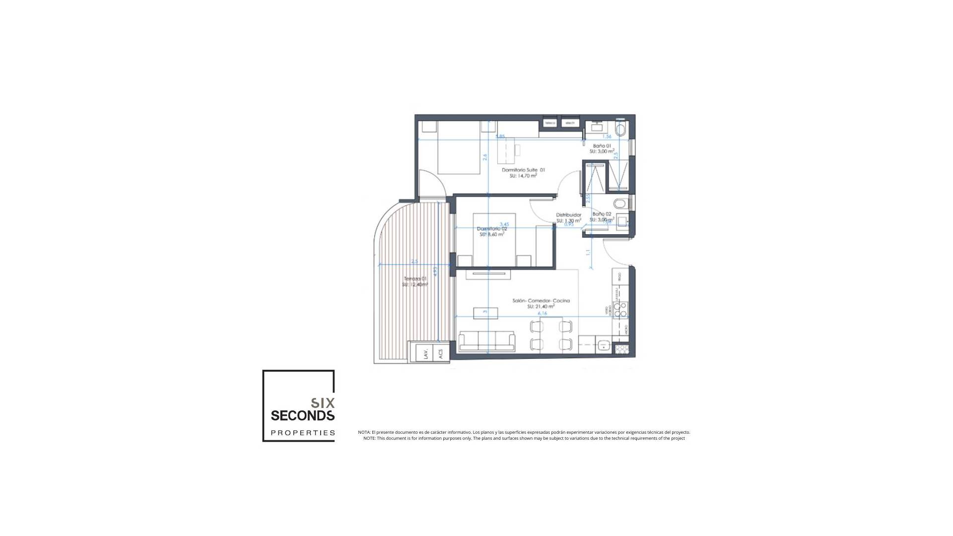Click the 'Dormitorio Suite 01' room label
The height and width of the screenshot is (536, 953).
[523, 170]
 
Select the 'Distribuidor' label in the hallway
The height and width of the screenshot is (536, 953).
[568, 215]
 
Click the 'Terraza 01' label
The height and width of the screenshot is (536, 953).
[415, 279]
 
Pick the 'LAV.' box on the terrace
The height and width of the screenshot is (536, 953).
[426, 354]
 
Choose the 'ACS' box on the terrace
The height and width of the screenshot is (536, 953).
[440, 354]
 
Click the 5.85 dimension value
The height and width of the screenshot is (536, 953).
[500, 136]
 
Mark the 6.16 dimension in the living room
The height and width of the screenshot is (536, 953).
[542, 313]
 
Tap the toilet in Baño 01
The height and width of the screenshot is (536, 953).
[620, 131]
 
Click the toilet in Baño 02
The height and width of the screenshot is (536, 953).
[619, 204]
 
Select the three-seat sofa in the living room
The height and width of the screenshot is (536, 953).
[486, 341]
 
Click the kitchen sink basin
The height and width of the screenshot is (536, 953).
[604, 345]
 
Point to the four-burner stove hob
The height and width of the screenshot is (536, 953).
[620, 310]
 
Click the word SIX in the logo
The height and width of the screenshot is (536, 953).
[323, 402]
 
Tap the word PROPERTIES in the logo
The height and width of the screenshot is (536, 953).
[303, 433]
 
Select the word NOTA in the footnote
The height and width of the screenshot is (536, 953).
[364, 432]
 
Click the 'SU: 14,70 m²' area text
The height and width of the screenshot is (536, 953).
[523, 176]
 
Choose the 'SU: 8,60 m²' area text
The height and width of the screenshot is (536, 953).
[491, 234]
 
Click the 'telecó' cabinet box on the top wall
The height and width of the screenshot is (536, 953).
[550, 123]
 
